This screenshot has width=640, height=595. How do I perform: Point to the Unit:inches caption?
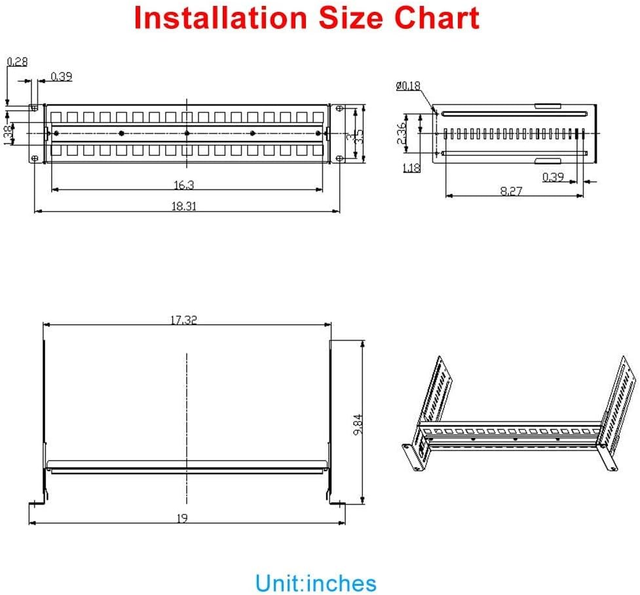click(x=316, y=583)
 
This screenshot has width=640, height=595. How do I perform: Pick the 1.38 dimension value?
click(x=9, y=135)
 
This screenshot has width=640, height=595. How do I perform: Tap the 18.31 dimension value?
click(x=184, y=206)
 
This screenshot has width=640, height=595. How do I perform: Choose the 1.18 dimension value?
click(x=412, y=168)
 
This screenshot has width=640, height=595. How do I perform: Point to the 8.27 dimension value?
click(x=511, y=191)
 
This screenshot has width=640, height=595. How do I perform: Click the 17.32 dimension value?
click(x=184, y=320)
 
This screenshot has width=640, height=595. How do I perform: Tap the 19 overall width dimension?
click(x=182, y=518)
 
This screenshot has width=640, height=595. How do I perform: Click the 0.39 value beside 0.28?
click(x=61, y=77)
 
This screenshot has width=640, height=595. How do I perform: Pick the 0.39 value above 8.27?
click(x=553, y=177)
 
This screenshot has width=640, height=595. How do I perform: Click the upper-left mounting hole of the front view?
click(x=33, y=107)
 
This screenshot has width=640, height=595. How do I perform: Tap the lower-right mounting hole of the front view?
click(x=339, y=159)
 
